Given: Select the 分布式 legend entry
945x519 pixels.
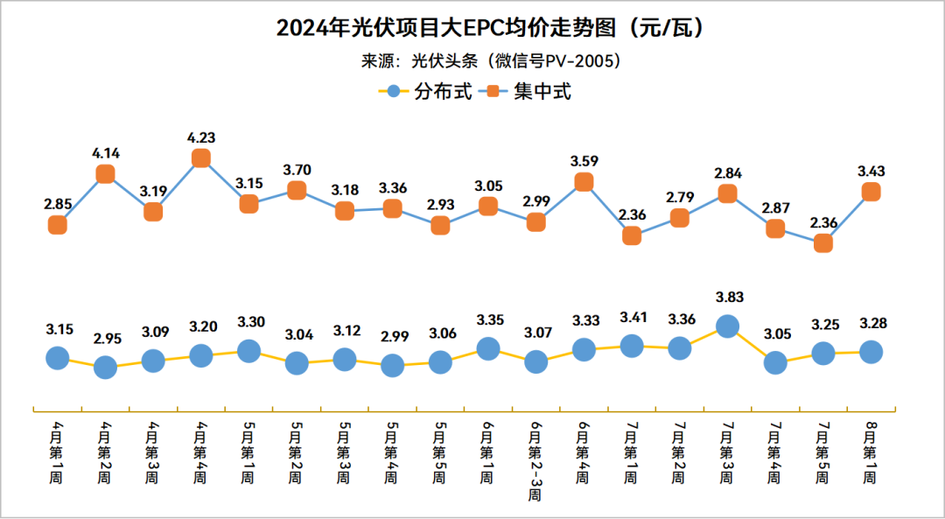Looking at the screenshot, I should (x=429, y=90).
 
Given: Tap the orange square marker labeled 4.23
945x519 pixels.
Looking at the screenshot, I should (x=200, y=158).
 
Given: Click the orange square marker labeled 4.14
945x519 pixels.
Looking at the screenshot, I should (x=105, y=173).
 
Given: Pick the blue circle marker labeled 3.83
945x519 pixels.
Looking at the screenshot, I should (x=727, y=326).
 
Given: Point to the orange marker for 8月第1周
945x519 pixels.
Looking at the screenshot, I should (x=871, y=192).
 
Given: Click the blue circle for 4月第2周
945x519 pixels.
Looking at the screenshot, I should (x=105, y=367).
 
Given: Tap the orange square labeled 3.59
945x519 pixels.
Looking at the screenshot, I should (x=584, y=182).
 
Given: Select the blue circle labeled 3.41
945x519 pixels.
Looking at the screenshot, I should (x=632, y=346).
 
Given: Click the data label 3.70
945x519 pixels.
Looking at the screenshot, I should (x=297, y=170).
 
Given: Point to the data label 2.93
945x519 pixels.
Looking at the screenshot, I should (x=440, y=205).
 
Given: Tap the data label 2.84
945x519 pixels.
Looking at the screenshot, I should (x=727, y=173).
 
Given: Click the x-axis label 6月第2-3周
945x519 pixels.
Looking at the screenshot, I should (x=535, y=459).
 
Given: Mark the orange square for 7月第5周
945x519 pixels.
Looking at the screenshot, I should (x=822, y=243).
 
